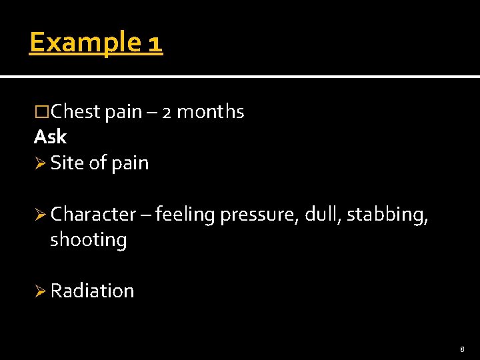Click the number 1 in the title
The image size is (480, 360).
click(154, 43)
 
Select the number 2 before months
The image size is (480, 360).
click(167, 113)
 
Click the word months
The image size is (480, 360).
click(210, 112)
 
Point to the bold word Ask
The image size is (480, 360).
click(50, 137)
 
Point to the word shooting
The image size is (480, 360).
click(89, 240)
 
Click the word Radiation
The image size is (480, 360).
click(92, 291)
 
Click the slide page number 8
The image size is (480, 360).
click(462, 349)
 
